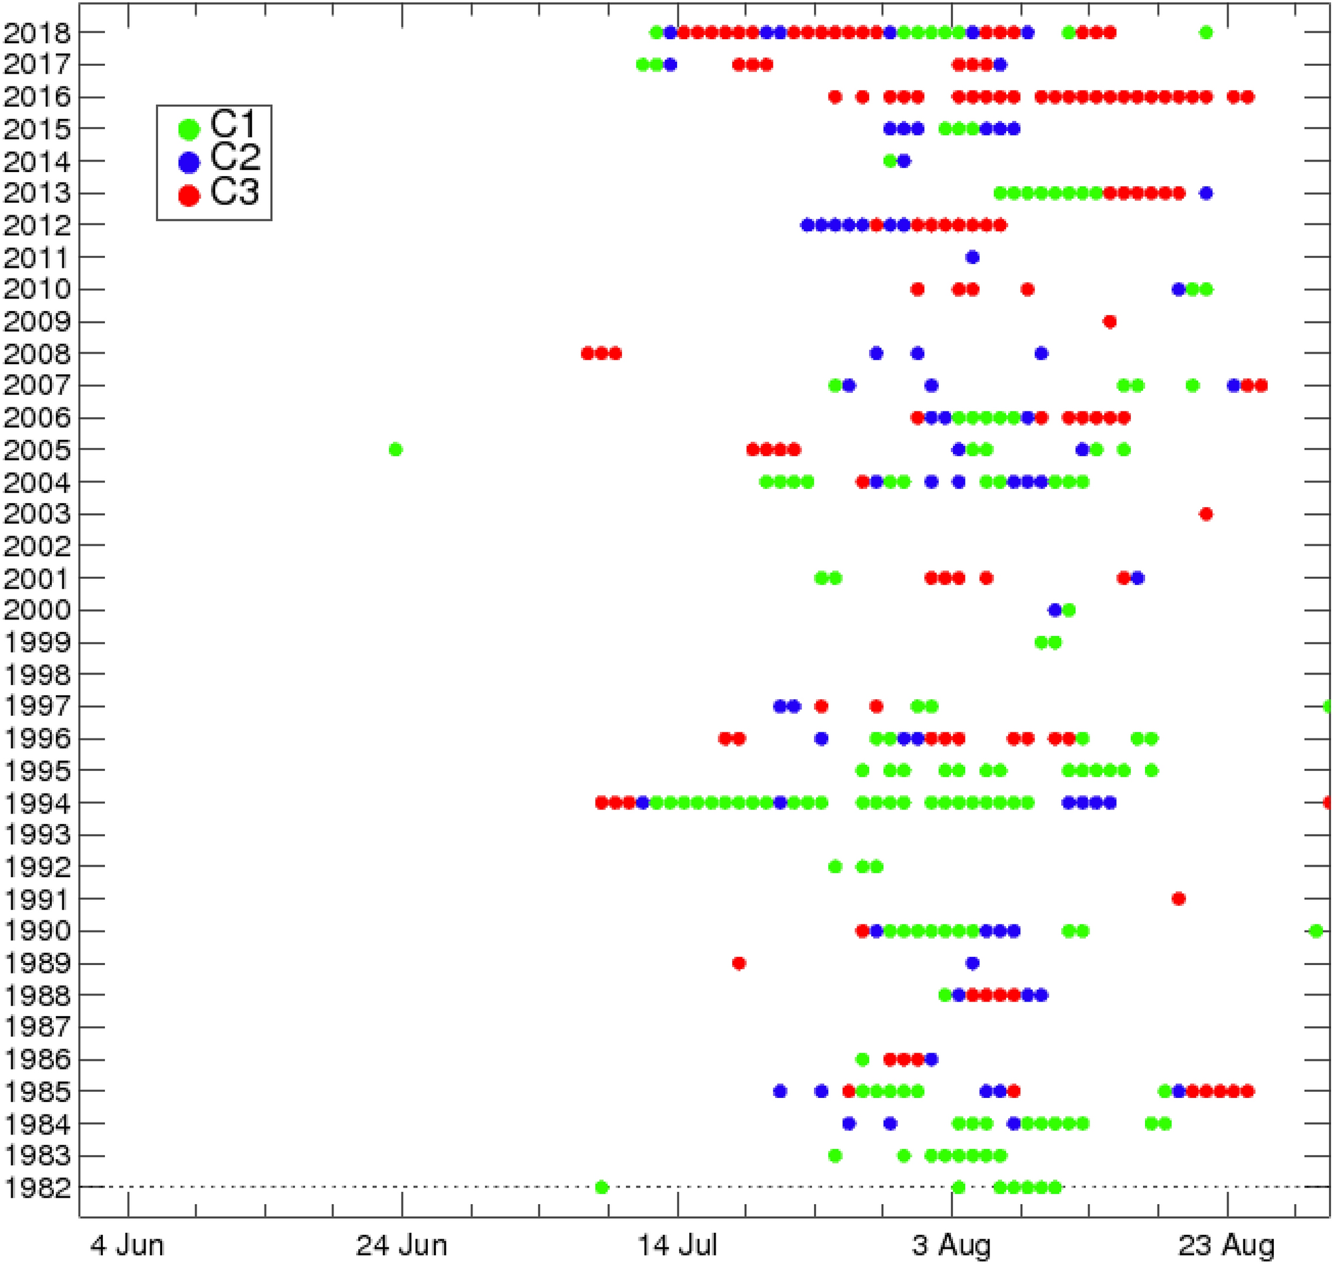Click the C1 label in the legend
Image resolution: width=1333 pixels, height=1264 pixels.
pos(234,124)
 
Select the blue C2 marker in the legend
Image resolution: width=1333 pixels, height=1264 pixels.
pos(189,161)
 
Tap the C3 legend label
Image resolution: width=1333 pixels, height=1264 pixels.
pos(234,192)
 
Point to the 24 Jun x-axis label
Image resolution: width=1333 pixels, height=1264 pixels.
pos(401,1245)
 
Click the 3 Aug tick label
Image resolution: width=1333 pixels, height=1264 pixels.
pos(951,1245)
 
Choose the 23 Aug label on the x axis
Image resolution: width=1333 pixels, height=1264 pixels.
pos(1228,1245)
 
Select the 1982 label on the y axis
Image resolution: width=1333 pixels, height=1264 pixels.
pos(37,1188)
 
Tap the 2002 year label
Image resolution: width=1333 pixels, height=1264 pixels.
pos(37,546)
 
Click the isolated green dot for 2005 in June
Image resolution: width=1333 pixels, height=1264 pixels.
pos(395,449)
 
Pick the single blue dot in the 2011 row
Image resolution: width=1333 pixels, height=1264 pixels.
pos(972,257)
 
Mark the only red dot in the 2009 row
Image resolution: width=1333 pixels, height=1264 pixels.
pos(1110,322)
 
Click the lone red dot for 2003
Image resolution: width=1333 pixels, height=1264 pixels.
pos(1206,514)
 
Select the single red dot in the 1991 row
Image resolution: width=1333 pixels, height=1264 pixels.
pos(1178,898)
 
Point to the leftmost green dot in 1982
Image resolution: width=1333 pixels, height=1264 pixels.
pos(602,1187)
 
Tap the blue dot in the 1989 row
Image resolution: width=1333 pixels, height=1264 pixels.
pos(972,964)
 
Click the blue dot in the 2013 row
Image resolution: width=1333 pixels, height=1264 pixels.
pos(1206,193)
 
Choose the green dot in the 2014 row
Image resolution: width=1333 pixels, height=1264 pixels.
pos(890,161)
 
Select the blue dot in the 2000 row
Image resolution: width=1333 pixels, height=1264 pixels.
pos(1055,611)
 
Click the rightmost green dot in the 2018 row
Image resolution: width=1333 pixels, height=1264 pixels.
pos(1206,33)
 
